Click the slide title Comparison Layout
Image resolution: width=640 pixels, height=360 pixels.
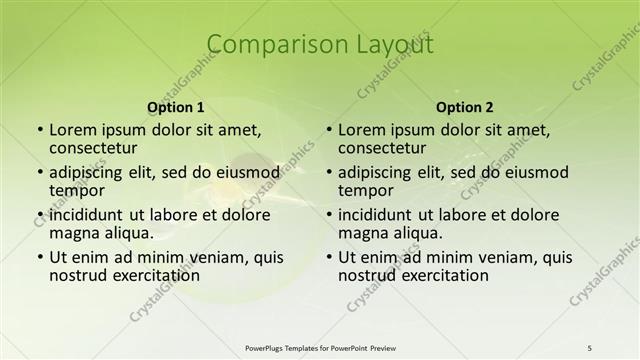pyautogui.click(x=320, y=45)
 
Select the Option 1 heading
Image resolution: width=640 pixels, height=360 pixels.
pyautogui.click(x=175, y=107)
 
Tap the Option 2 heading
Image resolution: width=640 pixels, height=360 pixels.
pyautogui.click(x=465, y=107)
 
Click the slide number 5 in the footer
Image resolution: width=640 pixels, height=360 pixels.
pyautogui.click(x=591, y=347)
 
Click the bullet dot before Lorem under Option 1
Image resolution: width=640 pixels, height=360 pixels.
pyautogui.click(x=40, y=130)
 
